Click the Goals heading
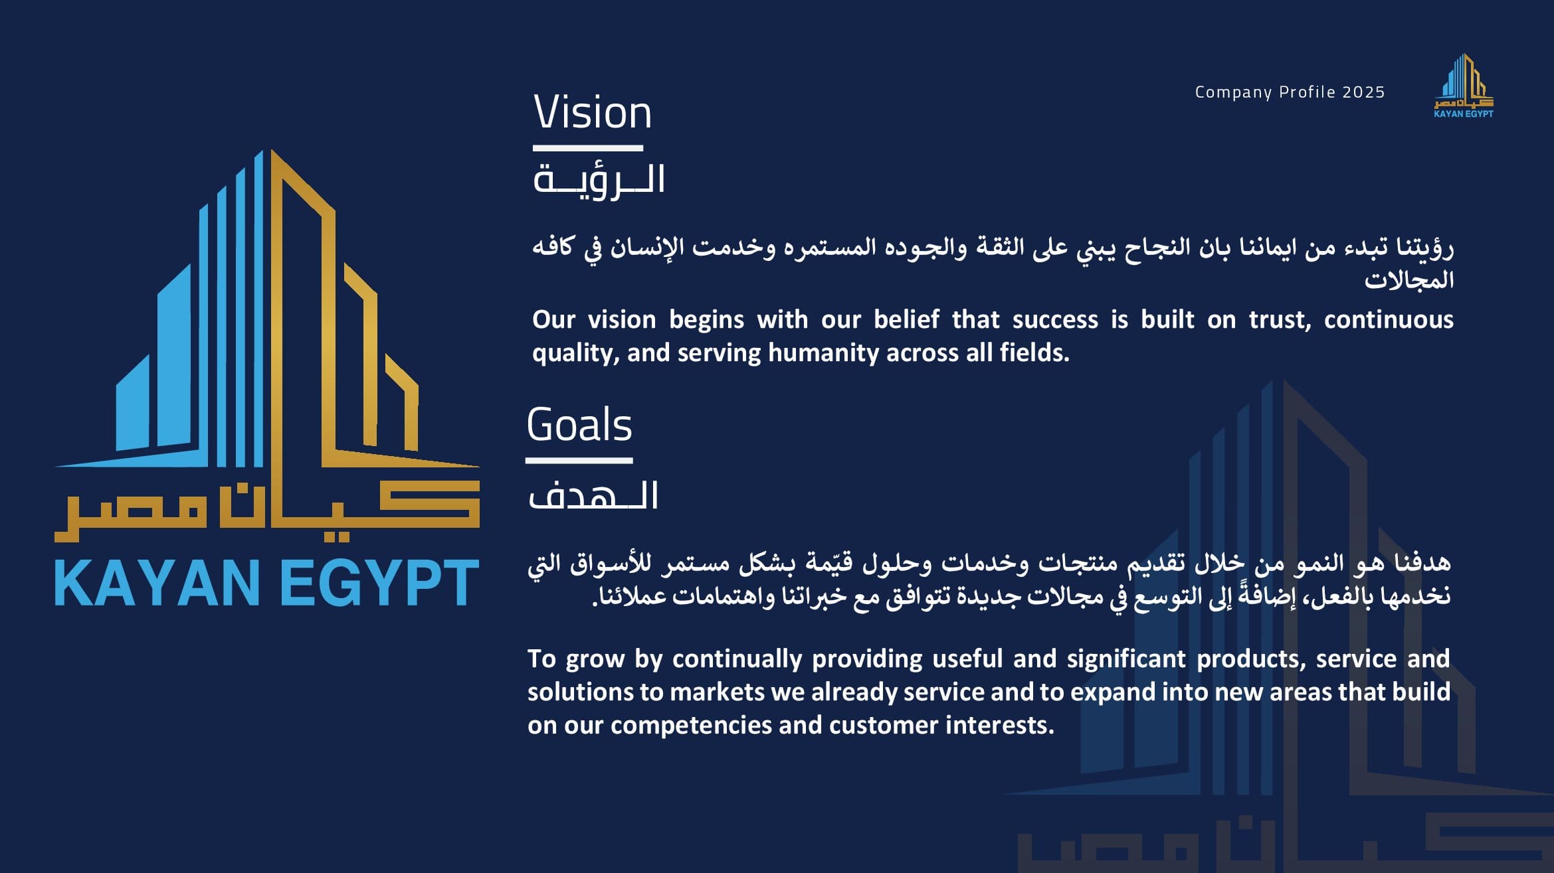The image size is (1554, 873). click(579, 424)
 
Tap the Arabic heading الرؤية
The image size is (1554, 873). click(599, 180)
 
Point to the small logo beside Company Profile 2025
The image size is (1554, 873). click(1464, 86)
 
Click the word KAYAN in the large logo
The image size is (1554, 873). click(157, 583)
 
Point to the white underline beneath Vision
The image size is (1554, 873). click(588, 148)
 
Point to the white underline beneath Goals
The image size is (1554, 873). click(579, 460)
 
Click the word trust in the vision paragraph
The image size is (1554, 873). click(1280, 320)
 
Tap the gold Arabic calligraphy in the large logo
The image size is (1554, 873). click(267, 511)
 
